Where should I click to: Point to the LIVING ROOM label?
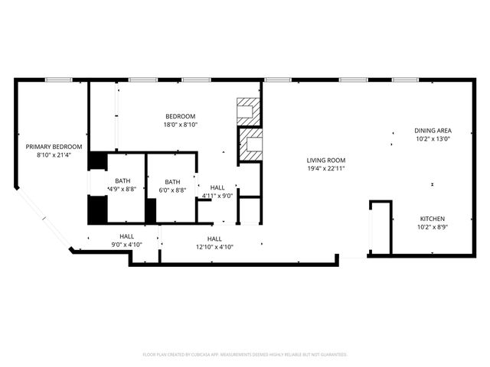[x=326, y=160]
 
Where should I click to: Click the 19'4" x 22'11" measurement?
[x=326, y=168]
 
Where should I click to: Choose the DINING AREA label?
[x=433, y=131]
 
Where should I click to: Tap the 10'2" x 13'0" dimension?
[x=433, y=139]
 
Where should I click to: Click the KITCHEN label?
[x=433, y=219]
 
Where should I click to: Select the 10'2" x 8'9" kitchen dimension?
[x=433, y=227]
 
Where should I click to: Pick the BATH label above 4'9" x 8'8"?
[x=124, y=181]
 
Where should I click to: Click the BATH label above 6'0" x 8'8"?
[x=172, y=181]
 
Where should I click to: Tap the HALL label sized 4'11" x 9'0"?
[x=217, y=187]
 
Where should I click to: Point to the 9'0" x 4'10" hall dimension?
[x=127, y=245]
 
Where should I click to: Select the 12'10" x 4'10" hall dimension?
[x=214, y=247]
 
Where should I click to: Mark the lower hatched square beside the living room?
[x=250, y=145]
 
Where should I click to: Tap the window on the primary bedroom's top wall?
[x=58, y=80]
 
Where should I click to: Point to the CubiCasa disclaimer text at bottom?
[x=245, y=355]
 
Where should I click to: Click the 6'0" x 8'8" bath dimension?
[x=172, y=190]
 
